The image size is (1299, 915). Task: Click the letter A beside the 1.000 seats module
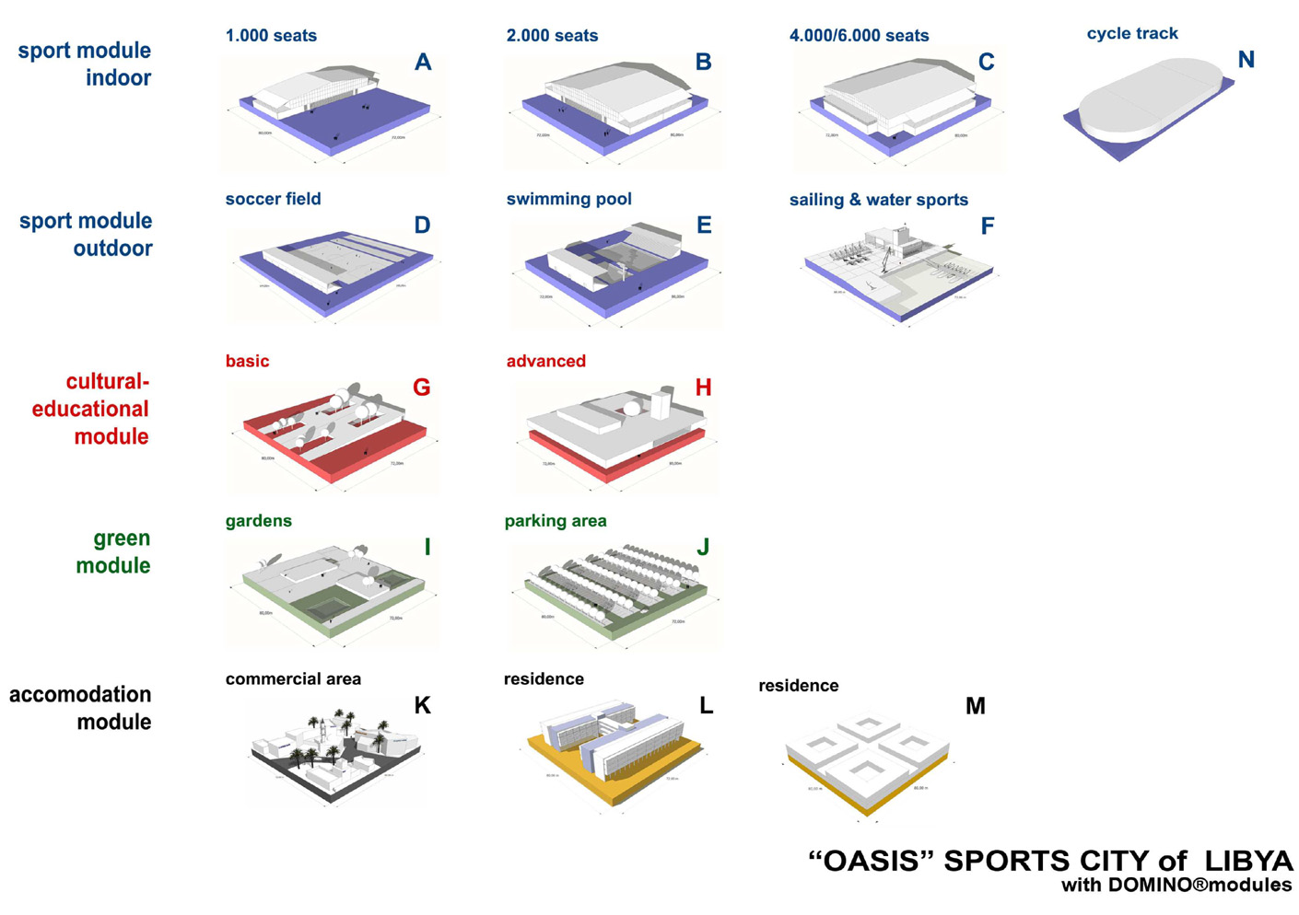coord(423,63)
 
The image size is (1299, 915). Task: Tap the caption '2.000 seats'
coord(552,36)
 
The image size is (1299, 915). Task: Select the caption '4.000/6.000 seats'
coord(859,36)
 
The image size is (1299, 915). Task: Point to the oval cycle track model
coord(1146,102)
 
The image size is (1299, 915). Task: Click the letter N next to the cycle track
coord(1246,60)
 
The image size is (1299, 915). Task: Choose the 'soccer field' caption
coord(273,199)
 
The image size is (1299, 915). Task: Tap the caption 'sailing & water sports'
coord(878,200)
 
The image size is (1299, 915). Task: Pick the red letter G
coord(422,388)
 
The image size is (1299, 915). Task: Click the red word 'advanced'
coord(545,361)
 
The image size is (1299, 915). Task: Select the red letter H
coord(703,388)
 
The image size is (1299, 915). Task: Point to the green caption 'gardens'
coord(258,521)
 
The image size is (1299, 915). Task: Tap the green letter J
coord(703,548)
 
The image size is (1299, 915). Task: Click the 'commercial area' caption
coord(293,679)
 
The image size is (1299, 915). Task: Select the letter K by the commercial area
coord(422,706)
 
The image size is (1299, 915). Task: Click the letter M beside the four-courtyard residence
coord(975,706)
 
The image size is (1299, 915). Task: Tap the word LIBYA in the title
coord(1247,861)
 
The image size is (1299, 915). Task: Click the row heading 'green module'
coord(112,551)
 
